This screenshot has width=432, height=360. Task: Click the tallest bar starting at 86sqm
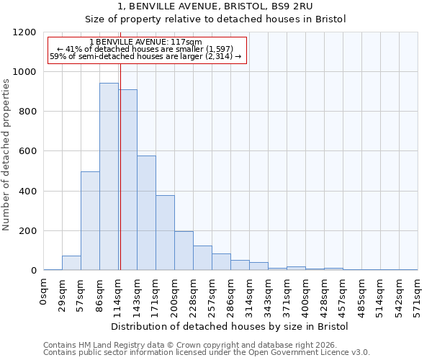pos(109,176)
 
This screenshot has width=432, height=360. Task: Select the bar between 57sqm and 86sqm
pos(90,221)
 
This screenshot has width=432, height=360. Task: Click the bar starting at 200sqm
pos(184,251)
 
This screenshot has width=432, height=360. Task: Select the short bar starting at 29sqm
pos(71,263)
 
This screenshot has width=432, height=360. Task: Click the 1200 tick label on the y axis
pos(24,32)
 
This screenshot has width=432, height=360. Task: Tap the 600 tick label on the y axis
pos(27,152)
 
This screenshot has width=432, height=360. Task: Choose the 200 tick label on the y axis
pos(27,231)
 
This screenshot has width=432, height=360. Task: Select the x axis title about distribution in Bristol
pos(230,327)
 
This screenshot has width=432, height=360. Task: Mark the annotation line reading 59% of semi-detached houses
pos(145,56)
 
